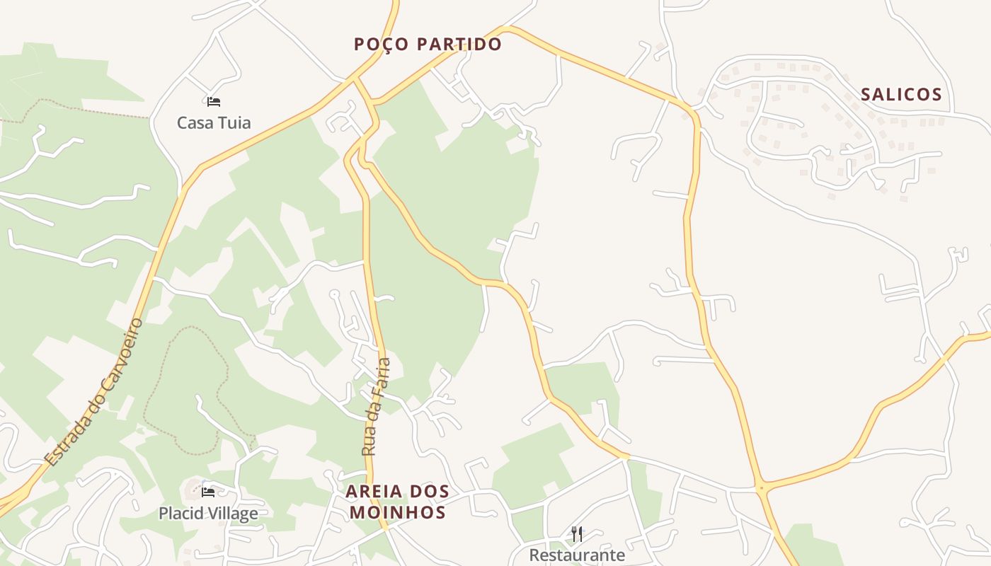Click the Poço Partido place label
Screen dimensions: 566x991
pos(428,44)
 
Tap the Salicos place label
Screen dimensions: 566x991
pos(901,95)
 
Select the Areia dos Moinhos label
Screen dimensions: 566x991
pos(397,502)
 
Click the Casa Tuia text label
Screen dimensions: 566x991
pos(214,122)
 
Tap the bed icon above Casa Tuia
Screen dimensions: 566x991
pos(214,102)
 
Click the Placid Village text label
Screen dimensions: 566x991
pos(208,513)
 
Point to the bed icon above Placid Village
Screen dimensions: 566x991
pos(208,492)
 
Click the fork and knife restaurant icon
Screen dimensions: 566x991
pos(578,533)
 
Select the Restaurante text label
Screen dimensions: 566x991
pos(578,555)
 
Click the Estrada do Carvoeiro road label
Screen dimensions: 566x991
pos(94,393)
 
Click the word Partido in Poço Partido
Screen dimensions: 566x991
pos(459,44)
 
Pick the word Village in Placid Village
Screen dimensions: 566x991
pos(231,513)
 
